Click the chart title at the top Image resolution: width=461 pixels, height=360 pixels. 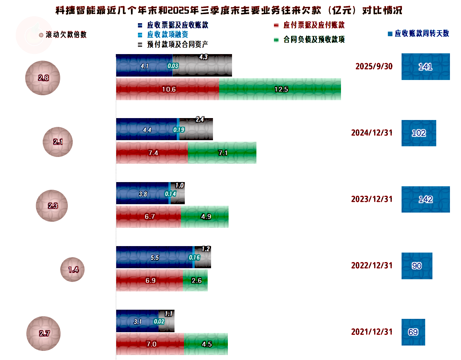pyautogui.click(x=229, y=10)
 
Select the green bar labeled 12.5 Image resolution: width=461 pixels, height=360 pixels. pyautogui.click(x=280, y=89)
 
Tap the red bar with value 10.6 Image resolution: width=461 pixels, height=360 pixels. pyautogui.click(x=168, y=89)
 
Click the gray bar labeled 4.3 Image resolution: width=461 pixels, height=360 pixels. pyautogui.click(x=202, y=66)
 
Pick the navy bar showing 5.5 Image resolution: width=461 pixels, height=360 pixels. pyautogui.click(x=154, y=257)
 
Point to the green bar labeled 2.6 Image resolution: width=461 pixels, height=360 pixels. pyautogui.click(x=195, y=280)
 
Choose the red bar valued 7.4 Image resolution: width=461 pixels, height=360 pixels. pyautogui.click(x=152, y=153)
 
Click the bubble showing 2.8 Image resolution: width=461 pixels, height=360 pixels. pyautogui.click(x=43, y=78)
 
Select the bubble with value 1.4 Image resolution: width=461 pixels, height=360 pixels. pyautogui.click(x=72, y=270)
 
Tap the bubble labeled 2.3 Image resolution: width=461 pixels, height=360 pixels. pyautogui.click(x=52, y=206)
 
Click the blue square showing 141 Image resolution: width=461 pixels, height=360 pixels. pyautogui.click(x=426, y=67)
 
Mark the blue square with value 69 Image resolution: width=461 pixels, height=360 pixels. pyautogui.click(x=413, y=332)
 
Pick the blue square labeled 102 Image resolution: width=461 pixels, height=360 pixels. pyautogui.click(x=419, y=133)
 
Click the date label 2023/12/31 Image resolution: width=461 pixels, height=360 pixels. pyautogui.click(x=371, y=199)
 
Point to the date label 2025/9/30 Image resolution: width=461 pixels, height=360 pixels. pyautogui.click(x=374, y=67)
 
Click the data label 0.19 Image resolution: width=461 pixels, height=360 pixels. pyautogui.click(x=179, y=130)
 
